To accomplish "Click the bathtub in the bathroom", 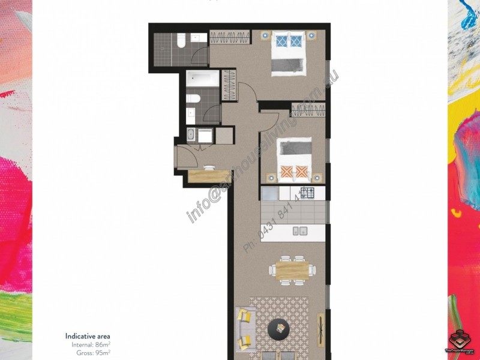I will point(202,78).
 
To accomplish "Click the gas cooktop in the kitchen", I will point(307,193).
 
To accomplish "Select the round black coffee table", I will point(278,328).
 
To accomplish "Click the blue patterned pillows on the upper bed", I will point(289,41).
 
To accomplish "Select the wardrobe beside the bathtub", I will point(229,85).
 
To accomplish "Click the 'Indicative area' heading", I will point(88,336).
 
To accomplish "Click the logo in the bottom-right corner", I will point(460,340).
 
